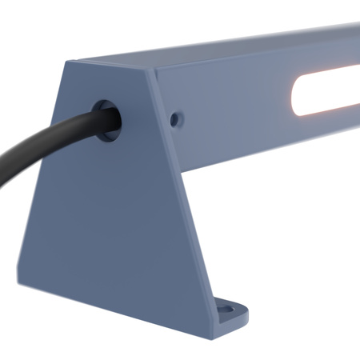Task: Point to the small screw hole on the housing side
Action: [176, 118]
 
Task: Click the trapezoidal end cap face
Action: [120, 216]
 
